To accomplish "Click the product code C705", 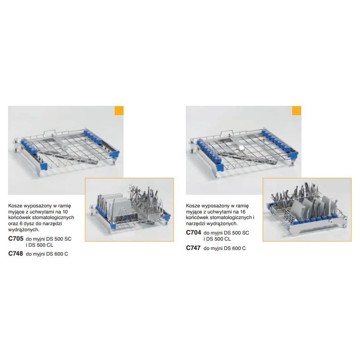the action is pos(16,239).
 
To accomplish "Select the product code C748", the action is pos(15,253).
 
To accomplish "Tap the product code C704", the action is pos(193,233).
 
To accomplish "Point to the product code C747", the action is pos(193,248).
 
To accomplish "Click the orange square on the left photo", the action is pos(119,110).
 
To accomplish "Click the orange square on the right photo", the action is pos(296,110).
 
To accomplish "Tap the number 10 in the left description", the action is pos(65,212).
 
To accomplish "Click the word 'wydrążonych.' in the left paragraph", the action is pos(24,229).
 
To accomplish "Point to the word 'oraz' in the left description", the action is pos(13,223).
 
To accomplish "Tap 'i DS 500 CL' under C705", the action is pos(39,245).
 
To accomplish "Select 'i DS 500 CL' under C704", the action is pos(217,239).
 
